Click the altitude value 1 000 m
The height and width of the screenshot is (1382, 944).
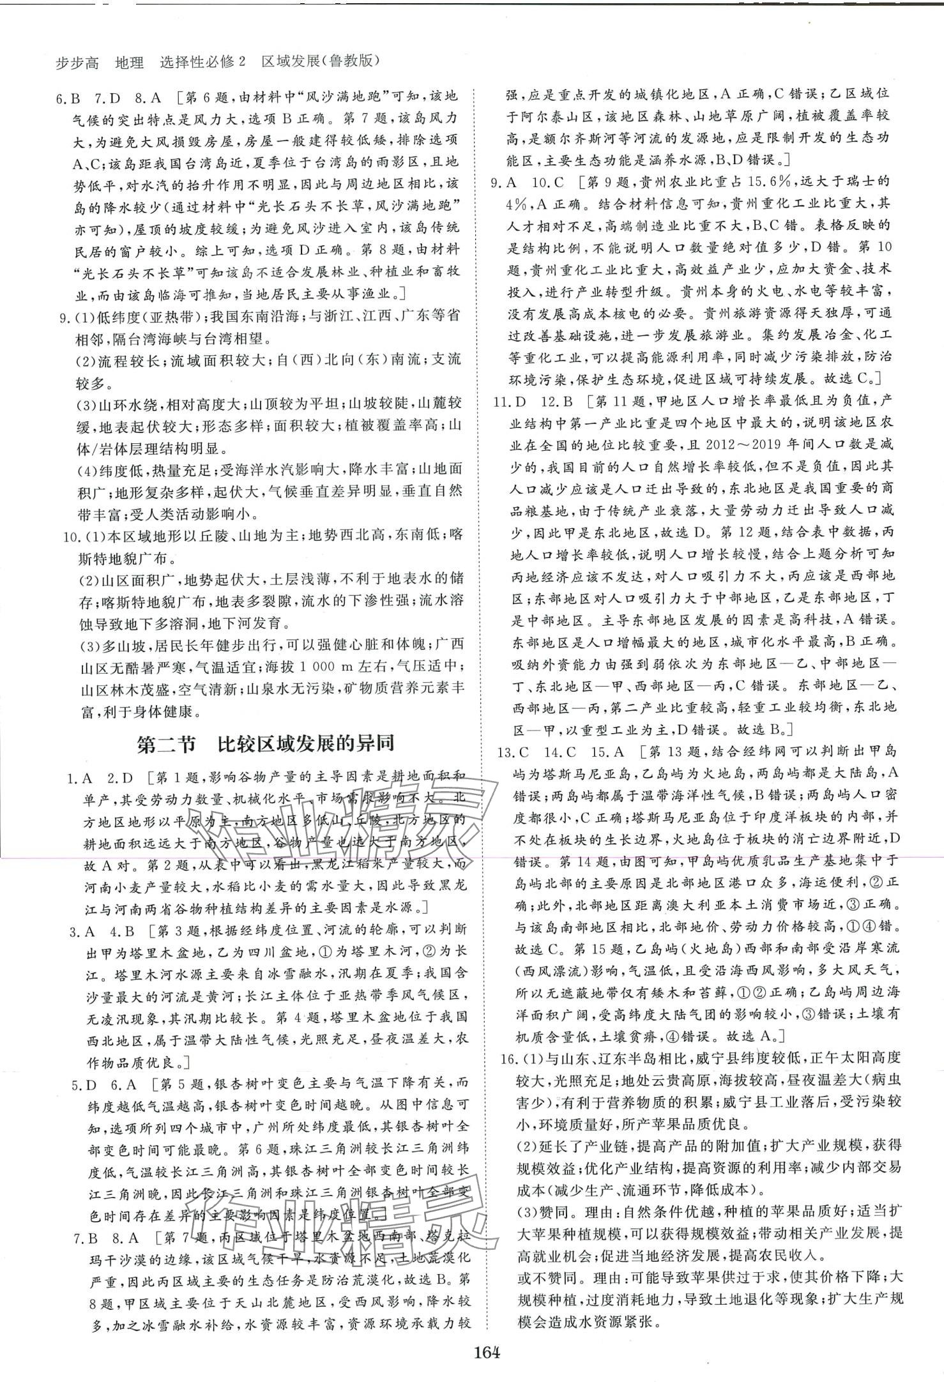(x=347, y=666)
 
